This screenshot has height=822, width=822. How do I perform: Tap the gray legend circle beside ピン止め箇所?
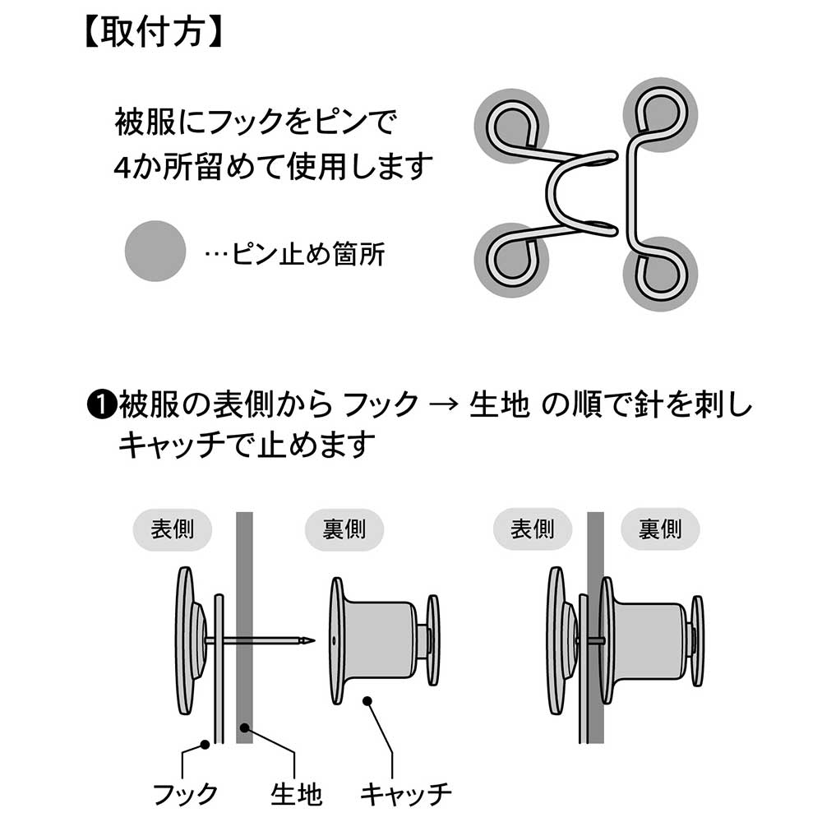(x=155, y=251)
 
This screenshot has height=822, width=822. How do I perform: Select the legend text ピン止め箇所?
(x=308, y=254)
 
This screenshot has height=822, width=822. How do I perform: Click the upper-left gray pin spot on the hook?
(x=511, y=126)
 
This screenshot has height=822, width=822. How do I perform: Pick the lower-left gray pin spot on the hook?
(x=511, y=261)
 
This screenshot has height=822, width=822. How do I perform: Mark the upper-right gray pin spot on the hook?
(x=661, y=115)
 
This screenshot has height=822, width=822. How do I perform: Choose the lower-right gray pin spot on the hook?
(x=661, y=274)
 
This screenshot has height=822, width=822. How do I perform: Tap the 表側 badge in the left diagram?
(x=172, y=529)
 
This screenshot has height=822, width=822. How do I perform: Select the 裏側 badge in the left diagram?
(x=344, y=529)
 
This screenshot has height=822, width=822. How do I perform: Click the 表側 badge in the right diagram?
(x=532, y=529)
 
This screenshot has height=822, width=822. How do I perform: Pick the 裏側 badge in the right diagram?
(x=660, y=529)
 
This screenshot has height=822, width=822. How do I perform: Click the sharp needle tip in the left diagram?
(x=314, y=640)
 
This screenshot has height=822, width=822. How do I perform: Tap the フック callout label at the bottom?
(x=185, y=794)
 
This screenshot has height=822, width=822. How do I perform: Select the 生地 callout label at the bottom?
(x=296, y=794)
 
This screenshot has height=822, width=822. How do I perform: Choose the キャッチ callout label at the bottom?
(x=405, y=794)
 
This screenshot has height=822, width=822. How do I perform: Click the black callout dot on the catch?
(x=367, y=701)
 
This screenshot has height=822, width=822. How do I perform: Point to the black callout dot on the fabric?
(x=244, y=727)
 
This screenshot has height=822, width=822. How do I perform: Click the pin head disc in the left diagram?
(x=184, y=640)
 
